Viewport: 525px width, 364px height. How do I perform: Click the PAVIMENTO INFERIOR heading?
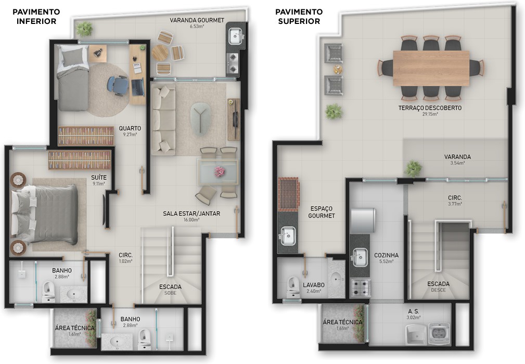coord(36,17)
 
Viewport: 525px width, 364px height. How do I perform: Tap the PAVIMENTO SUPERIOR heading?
coord(299,17)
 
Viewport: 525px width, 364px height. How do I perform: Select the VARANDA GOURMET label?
coord(197,20)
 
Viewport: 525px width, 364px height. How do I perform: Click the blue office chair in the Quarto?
coord(118,85)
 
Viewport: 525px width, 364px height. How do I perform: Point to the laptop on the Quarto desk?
coord(137,87)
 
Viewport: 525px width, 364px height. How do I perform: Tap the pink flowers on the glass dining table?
coord(220,171)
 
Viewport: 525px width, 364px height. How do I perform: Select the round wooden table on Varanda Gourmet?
coord(160,53)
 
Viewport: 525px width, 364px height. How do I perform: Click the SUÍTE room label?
coord(99,177)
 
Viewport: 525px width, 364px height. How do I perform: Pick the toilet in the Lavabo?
coord(293,287)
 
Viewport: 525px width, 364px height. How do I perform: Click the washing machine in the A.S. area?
coord(439,333)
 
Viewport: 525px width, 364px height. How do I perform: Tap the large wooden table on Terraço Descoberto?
coord(431,68)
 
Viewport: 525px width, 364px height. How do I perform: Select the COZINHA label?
coord(387,255)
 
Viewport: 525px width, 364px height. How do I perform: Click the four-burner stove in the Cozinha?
coord(360,288)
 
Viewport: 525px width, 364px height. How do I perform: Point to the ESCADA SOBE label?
coord(171,290)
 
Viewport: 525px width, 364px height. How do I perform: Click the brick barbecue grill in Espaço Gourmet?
coord(288,194)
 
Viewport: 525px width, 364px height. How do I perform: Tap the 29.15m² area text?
coord(430,114)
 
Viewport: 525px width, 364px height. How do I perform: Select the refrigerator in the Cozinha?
coord(363,220)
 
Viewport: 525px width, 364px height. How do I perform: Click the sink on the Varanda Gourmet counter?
coord(235,36)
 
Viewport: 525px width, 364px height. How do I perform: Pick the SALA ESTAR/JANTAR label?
coord(191,213)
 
